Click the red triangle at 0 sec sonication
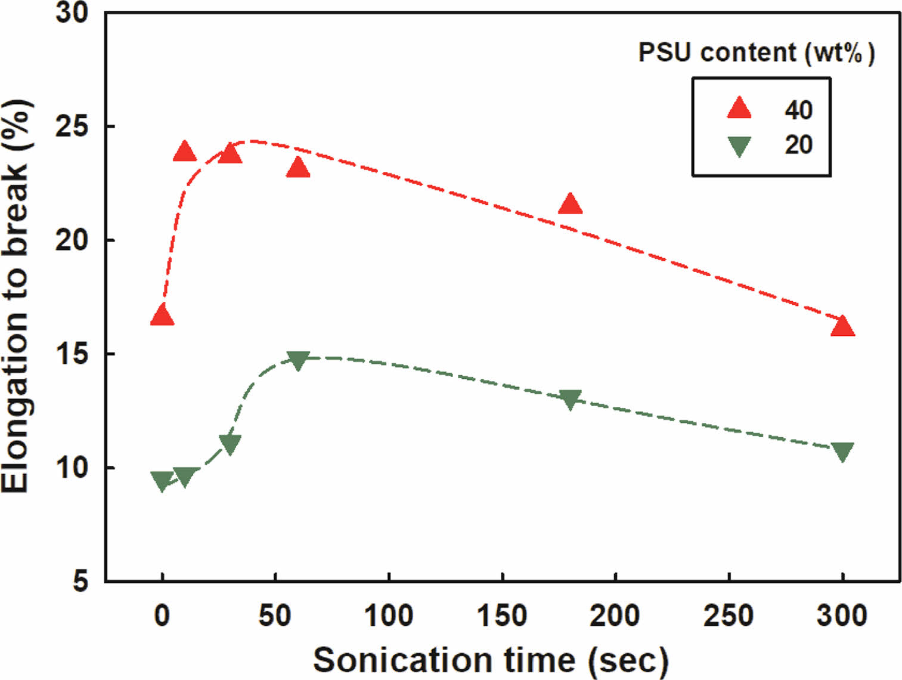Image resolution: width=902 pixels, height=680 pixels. pos(162,316)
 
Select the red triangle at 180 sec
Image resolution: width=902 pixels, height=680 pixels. pos(571,205)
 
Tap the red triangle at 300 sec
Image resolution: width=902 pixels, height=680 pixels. pos(842,327)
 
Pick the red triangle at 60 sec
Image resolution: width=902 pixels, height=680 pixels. pos(298,169)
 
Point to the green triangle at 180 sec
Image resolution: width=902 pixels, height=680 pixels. pos(571,399)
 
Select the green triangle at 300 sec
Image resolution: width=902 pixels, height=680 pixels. pos(842,451)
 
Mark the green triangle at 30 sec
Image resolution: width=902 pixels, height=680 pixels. pos(230,443)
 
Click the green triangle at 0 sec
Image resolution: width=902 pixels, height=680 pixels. pos(162,480)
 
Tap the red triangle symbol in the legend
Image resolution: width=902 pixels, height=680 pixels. pos(739,109)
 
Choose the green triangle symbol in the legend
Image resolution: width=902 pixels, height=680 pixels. pos(739,146)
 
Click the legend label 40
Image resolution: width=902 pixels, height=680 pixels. pos(798,110)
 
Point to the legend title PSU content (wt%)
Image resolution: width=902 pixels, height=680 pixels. pos(756,53)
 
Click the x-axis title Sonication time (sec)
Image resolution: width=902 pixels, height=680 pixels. pos(490,660)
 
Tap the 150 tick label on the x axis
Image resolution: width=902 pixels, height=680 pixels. pos(502,615)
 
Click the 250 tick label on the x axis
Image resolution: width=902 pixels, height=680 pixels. pos(729,615)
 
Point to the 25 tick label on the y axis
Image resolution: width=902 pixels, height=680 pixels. pos(72,126)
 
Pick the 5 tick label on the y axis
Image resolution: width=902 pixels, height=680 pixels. pos(80,580)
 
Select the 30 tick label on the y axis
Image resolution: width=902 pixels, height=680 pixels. pos(72,13)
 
